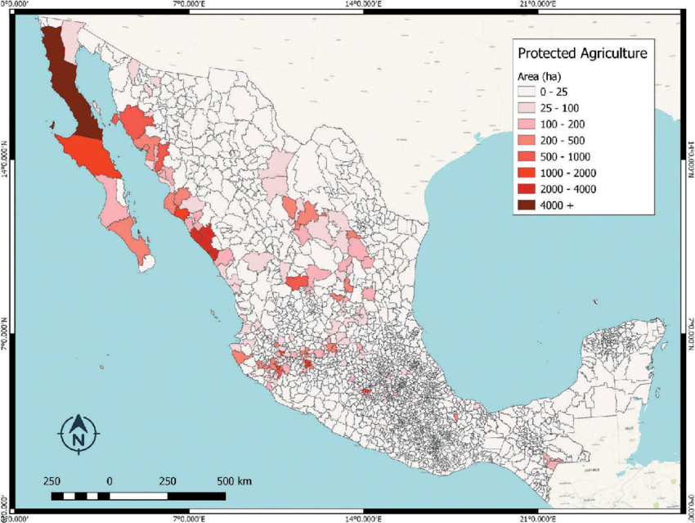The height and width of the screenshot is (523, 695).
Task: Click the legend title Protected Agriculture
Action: tap(582, 53)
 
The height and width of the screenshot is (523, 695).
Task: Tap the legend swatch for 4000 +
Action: tap(525, 205)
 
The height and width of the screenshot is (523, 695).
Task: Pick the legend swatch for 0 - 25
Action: tap(525, 91)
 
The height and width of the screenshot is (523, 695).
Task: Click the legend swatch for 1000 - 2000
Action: tap(525, 173)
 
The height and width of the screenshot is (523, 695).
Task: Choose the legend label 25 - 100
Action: tap(561, 107)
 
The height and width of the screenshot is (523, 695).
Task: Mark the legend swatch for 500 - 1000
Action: tap(525, 156)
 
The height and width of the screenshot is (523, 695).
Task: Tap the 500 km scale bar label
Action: tap(234, 480)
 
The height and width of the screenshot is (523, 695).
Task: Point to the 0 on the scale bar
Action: tap(110, 480)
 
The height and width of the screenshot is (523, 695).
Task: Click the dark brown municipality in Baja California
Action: tap(69, 82)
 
